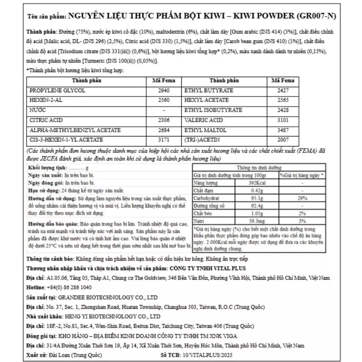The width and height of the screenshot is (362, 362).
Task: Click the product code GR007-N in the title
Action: tap(317, 16)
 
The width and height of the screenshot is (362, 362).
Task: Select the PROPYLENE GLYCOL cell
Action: tap(57, 90)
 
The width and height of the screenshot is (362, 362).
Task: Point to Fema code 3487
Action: tap(283, 130)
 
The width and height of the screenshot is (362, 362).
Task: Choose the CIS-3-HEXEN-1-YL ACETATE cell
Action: tap(66, 140)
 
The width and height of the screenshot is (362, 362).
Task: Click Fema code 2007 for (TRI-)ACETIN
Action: tap(283, 140)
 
